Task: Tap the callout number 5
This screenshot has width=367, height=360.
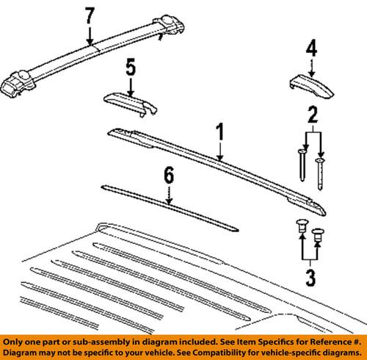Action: click(130, 69)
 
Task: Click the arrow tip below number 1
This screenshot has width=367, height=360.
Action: click(218, 159)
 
